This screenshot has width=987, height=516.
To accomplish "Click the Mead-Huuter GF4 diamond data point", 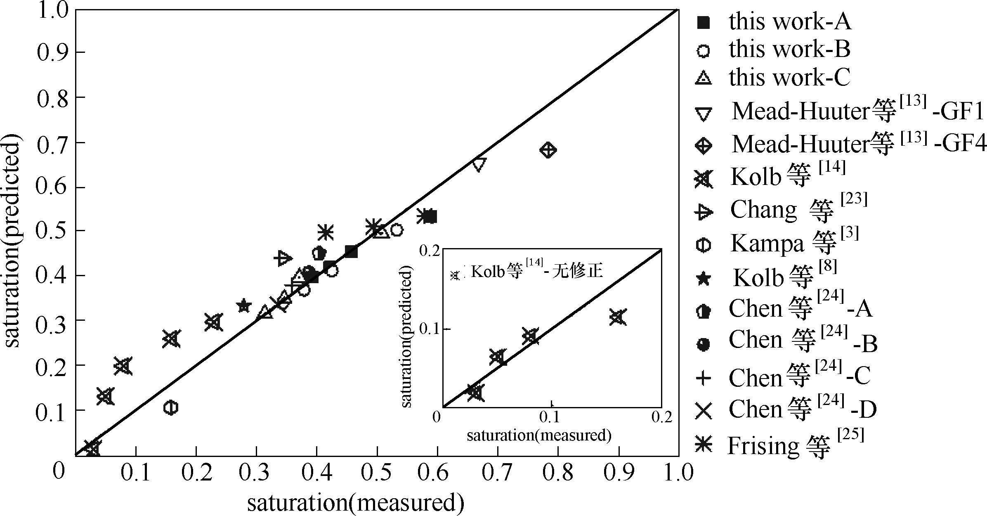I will pos(548,150).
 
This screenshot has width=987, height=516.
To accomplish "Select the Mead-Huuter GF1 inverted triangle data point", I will pos(479,164).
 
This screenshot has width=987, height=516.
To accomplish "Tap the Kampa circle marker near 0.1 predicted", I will pos(170,407).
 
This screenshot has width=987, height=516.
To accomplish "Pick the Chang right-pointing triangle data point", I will pos(283,258).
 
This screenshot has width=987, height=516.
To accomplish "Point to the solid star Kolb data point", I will pos(244,306).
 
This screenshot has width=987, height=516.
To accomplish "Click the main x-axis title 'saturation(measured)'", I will pos(356,503).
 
